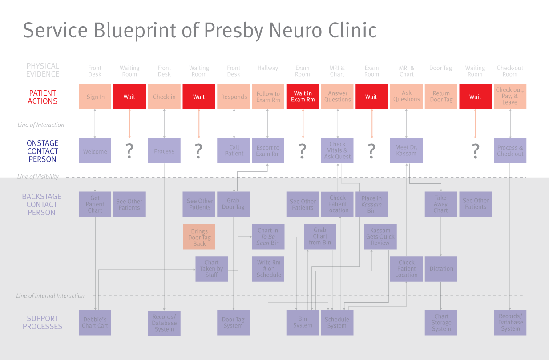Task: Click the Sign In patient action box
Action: (95, 96)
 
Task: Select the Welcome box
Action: (95, 151)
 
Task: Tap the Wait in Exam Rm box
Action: (303, 96)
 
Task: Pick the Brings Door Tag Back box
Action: (199, 237)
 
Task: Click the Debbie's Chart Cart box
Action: (95, 323)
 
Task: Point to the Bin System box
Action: (303, 323)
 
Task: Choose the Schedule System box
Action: (337, 323)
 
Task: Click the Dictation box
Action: (441, 269)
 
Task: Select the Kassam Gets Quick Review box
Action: (380, 237)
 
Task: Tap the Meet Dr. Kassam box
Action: (406, 151)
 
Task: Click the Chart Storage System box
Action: (441, 323)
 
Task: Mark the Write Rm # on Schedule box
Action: (268, 269)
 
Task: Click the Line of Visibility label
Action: (38, 177)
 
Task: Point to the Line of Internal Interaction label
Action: (50, 296)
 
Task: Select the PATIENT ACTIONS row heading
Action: (42, 97)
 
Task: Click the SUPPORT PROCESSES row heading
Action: (42, 323)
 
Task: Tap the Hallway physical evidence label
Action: (268, 68)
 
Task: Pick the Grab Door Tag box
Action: (233, 204)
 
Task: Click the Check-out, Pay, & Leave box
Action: (510, 96)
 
